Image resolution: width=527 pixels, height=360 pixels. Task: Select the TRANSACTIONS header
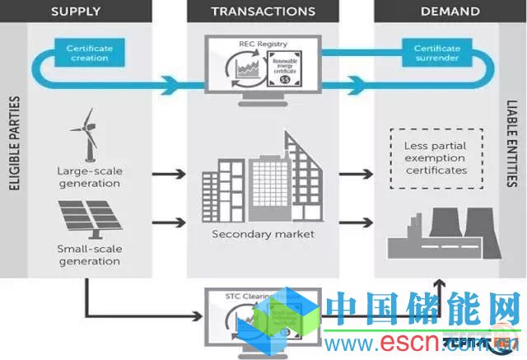[263, 12]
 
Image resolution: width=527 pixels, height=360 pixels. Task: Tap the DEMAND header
[450, 12]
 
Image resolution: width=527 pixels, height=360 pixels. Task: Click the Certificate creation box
[90, 54]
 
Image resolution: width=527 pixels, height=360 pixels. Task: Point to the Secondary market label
[263, 234]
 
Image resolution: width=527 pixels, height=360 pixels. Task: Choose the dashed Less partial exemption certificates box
[436, 158]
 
